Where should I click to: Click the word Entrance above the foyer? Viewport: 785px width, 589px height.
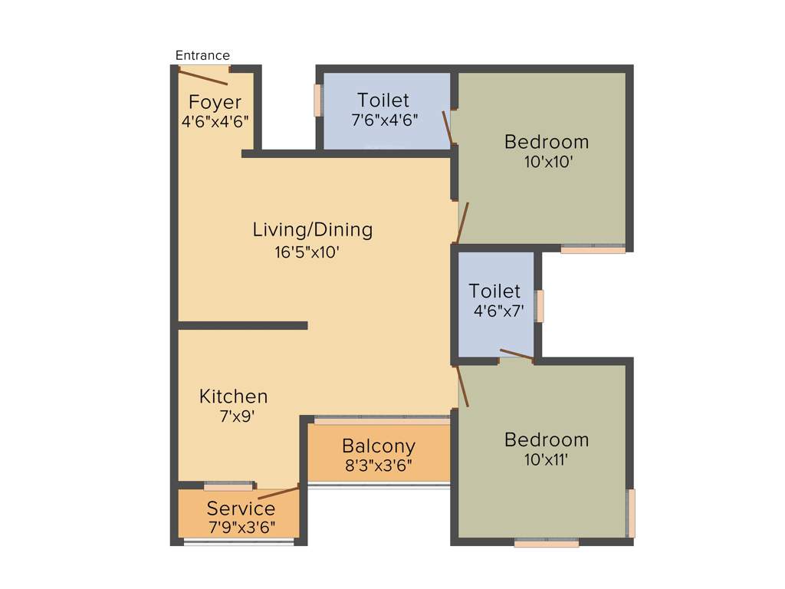pos(202,55)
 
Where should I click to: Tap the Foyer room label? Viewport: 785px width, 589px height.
pos(215,102)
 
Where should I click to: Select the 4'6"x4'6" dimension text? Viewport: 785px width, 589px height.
pos(215,121)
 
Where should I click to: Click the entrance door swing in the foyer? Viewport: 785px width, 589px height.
pos(203,77)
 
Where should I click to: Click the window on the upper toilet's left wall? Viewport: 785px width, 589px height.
pos(317,100)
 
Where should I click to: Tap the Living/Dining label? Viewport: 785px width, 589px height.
pos(313,229)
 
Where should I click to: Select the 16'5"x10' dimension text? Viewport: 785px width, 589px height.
pos(307,251)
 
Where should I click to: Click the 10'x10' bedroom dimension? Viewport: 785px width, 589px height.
pos(547,162)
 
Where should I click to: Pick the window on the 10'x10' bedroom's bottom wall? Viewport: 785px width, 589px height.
pos(593,248)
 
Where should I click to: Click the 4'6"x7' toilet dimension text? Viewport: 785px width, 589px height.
pos(498,311)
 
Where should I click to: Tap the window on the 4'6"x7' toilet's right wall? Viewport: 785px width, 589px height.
pos(540,306)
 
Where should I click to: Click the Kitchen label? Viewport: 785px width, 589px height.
pos(234,397)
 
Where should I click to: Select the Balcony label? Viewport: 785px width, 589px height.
pos(379,446)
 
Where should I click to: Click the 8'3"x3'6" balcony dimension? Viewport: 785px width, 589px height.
pos(379,465)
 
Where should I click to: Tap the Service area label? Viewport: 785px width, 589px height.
pos(241,508)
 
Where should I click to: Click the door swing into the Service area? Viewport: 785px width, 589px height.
pos(278,492)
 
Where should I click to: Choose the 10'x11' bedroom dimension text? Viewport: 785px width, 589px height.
pos(547,459)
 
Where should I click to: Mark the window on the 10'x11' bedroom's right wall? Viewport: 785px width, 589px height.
pos(631,513)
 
